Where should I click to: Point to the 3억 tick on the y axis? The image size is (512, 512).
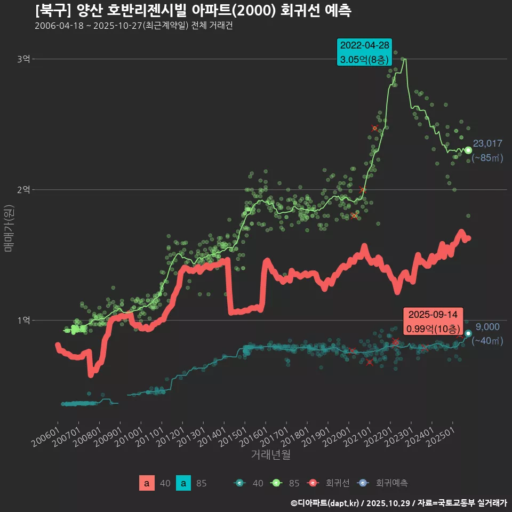coord(23,59)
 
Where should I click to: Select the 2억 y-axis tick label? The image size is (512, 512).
coord(23,189)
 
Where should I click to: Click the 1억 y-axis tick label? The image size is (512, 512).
coord(23,320)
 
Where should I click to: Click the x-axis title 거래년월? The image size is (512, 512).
coord(270,455)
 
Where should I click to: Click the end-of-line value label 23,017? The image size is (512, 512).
coord(487,143)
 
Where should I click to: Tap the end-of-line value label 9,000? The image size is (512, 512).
coord(487,327)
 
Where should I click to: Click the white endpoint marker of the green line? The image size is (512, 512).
coord(468,150)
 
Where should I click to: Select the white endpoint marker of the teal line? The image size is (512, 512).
coord(468,333)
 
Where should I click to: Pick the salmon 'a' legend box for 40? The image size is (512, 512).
coord(147,483)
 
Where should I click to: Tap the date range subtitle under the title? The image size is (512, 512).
coord(133,26)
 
